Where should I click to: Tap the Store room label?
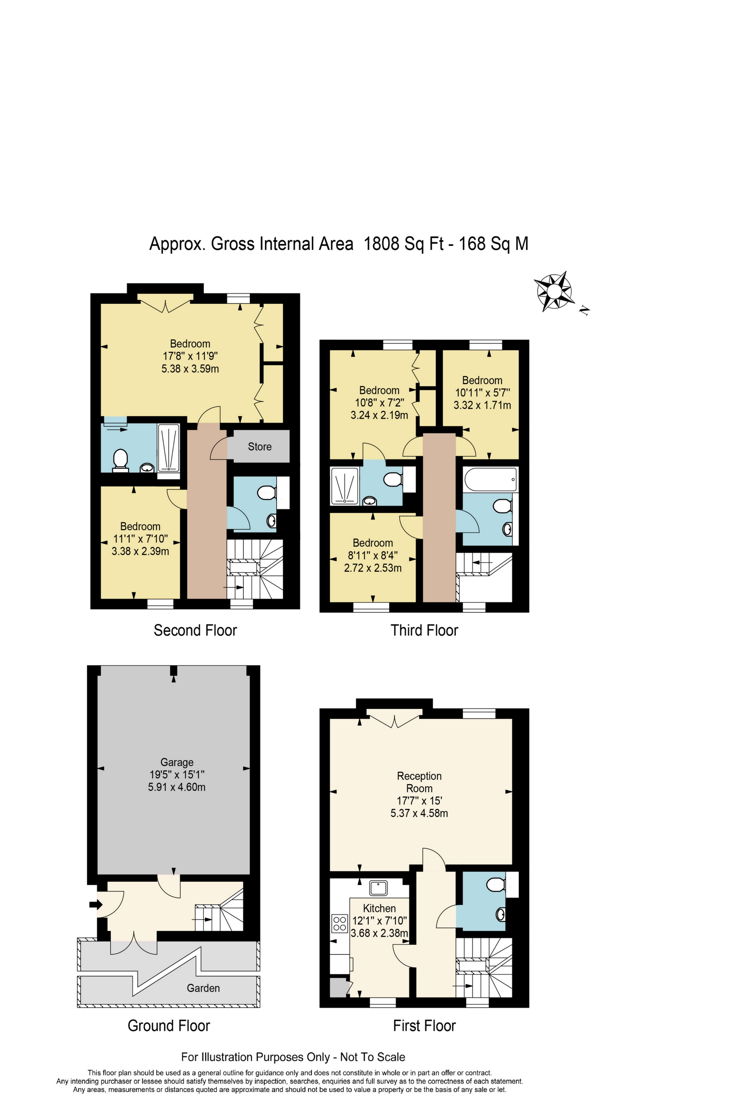260,447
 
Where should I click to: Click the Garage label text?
177,762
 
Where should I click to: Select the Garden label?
203,988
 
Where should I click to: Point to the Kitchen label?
379,908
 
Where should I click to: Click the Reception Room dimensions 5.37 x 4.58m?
419,813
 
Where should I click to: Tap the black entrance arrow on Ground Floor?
96,904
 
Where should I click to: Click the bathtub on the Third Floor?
490,480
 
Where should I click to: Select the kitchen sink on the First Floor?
378,887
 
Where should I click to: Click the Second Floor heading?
195,630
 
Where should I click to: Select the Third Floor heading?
424,630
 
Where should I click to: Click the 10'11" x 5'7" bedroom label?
482,392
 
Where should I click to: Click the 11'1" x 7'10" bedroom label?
140,539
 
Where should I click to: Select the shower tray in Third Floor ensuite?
345,486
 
